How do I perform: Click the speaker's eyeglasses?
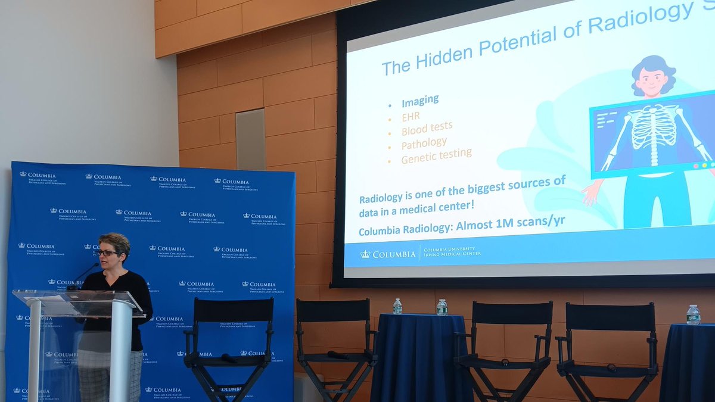click(x=107, y=253)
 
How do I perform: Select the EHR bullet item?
click(x=411, y=116)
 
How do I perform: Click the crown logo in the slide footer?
click(x=365, y=254)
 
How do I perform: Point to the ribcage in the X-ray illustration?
click(x=654, y=126)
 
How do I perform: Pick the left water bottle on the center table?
click(x=397, y=306)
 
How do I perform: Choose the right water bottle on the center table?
click(x=442, y=307)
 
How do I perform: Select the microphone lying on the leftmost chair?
click(x=229, y=358)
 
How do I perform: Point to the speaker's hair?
click(x=115, y=241)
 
